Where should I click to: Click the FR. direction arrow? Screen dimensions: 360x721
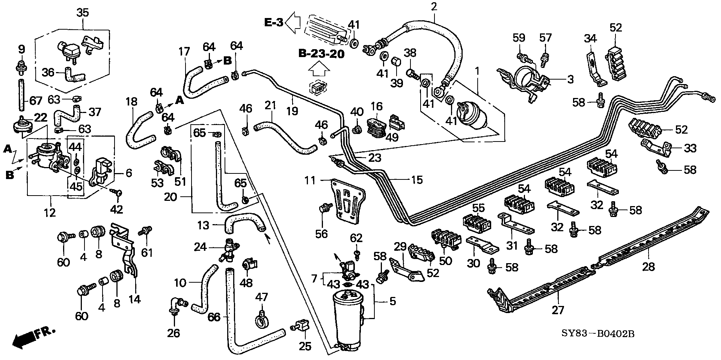point(33,336)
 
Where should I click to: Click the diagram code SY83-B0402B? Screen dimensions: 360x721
point(598,333)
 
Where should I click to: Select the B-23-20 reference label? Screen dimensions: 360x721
point(321,54)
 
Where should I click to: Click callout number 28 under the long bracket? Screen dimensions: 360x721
point(649,267)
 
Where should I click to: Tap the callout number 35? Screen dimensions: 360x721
point(83,12)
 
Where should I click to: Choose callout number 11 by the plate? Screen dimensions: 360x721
point(310,181)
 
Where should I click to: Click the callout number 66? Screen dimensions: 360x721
point(214,318)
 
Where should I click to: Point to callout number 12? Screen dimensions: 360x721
point(50,212)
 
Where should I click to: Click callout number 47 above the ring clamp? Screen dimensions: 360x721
point(262,298)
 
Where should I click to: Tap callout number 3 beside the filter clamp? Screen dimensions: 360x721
point(570,80)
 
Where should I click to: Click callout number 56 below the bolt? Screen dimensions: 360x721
point(322,233)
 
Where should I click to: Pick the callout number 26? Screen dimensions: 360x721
point(173,332)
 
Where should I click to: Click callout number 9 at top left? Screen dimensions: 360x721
point(21,49)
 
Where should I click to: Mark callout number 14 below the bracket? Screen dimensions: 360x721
point(134,299)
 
